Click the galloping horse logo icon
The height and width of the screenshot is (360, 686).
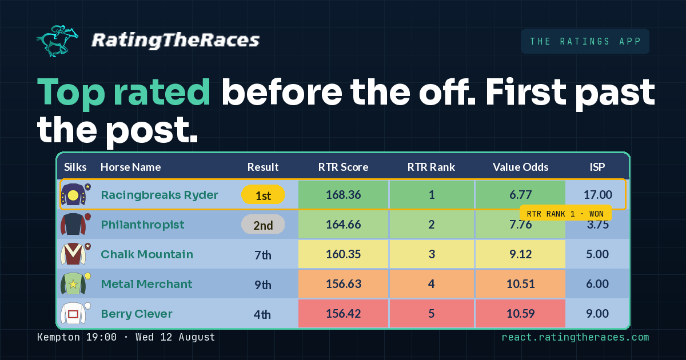tap(58, 41)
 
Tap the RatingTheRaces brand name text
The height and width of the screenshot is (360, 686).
tap(176, 41)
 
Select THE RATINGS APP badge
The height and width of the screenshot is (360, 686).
tap(585, 41)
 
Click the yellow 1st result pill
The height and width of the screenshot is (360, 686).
tap(263, 195)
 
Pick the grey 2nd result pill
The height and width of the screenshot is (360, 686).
tap(263, 225)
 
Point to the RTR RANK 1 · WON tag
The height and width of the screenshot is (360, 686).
tap(565, 213)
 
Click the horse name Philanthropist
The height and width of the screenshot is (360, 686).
tap(143, 225)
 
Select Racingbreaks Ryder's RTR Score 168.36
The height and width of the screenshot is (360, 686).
tap(344, 195)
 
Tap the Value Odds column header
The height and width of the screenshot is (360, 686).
tap(520, 167)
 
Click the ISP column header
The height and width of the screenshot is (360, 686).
tap(597, 167)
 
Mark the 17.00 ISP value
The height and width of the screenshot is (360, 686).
tap(597, 195)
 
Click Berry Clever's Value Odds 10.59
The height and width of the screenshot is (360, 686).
tap(520, 314)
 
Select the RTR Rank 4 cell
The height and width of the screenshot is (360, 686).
tap(432, 284)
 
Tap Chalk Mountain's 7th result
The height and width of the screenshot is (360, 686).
tap(263, 255)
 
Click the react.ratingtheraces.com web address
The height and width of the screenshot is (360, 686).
tap(575, 337)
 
